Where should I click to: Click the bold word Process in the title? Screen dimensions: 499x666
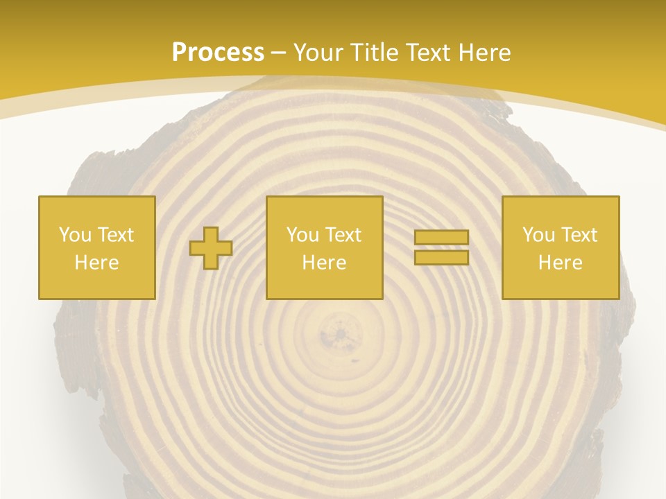pos(218,53)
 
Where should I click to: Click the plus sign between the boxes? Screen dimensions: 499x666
pos(211,248)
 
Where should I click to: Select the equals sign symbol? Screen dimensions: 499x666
pos(441,247)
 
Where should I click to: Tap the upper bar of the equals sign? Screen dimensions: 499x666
pos(441,238)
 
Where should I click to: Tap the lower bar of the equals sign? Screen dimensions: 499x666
pos(441,257)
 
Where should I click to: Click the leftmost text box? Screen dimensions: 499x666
pos(97,247)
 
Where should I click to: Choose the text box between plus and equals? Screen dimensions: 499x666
pos(325,247)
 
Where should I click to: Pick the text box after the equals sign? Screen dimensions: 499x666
pos(561,247)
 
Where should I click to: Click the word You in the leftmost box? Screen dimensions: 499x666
pos(74,235)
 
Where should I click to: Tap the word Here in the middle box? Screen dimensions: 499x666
pos(325,263)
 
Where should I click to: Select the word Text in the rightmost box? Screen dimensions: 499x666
pos(579,235)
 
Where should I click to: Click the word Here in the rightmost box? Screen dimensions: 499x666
pos(561,263)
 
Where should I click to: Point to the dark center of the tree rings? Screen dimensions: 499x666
pos(341,335)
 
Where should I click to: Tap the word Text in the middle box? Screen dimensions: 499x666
pos(343,235)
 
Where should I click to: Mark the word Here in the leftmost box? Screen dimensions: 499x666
pos(97,263)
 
